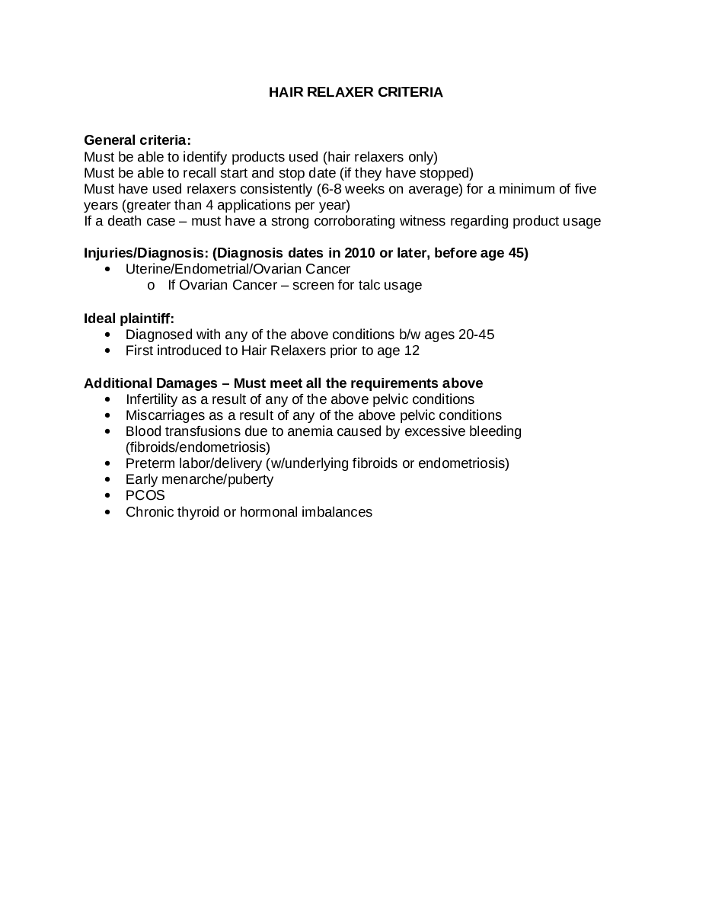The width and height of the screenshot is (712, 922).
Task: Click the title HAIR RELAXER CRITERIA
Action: click(x=356, y=92)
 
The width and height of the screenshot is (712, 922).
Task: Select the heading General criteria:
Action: click(x=137, y=140)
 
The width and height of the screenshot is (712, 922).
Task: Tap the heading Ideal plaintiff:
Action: click(x=129, y=318)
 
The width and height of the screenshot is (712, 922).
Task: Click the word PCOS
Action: click(x=145, y=495)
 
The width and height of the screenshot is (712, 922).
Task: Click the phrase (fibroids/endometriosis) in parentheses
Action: click(x=198, y=447)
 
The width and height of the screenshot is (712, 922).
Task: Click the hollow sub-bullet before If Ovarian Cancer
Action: click(x=151, y=286)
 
